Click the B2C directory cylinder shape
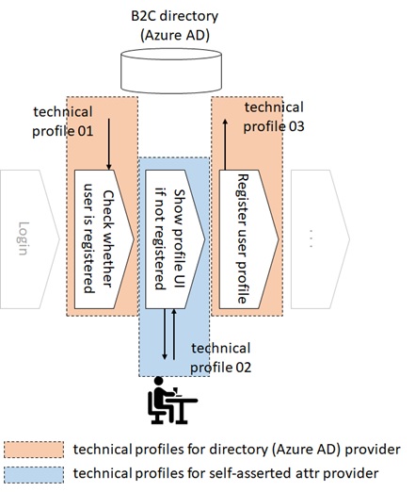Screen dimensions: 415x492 [171, 71]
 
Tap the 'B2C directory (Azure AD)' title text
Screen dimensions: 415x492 [175, 25]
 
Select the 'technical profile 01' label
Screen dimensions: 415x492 [63, 122]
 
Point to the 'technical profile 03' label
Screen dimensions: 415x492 [274, 117]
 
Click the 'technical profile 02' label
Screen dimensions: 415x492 [221, 358]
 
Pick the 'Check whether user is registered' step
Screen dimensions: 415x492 [104, 239]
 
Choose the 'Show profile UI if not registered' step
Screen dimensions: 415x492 [175, 239]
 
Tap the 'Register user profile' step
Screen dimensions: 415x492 [248, 239]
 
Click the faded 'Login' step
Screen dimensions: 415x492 [29, 239]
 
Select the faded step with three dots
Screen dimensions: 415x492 [320, 239]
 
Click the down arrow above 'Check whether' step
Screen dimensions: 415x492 [109, 144]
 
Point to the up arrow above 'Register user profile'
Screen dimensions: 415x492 [225, 145]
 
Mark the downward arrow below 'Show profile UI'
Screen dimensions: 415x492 [165, 335]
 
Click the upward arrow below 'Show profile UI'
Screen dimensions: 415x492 [174, 335]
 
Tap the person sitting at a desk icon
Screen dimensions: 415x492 [172, 401]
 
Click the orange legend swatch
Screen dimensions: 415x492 [34, 450]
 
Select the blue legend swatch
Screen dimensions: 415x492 [34, 475]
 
